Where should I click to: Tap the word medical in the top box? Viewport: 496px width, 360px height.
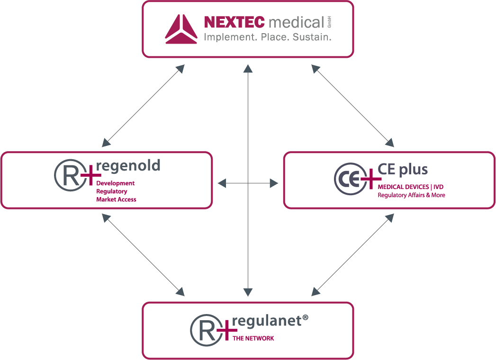click(296, 22)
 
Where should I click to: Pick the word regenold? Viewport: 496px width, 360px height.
click(128, 166)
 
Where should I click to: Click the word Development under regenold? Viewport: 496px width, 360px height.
click(116, 183)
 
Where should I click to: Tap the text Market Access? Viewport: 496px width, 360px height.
click(116, 199)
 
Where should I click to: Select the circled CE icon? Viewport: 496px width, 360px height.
click(350, 179)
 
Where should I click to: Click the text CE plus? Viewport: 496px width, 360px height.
click(403, 170)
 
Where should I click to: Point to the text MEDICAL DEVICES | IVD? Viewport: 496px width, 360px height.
click(410, 187)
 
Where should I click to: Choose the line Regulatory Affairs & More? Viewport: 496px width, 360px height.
click(411, 195)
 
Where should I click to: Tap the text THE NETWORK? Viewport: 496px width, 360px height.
click(253, 338)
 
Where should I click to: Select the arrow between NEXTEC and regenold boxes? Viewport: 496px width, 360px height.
click(143, 106)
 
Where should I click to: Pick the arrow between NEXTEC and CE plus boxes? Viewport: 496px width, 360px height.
click(353, 106)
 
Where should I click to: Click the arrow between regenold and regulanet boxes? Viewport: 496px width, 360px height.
click(143, 253)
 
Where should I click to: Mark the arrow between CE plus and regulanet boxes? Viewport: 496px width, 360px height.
click(353, 253)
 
